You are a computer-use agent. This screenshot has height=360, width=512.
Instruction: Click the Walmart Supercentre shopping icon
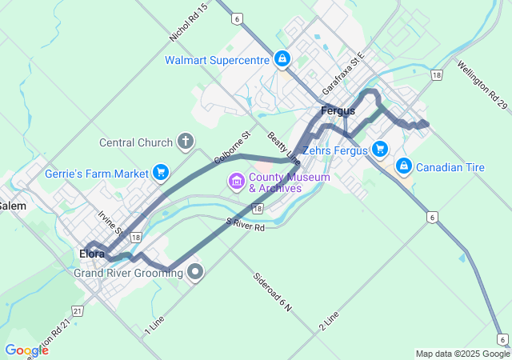click(x=282, y=59)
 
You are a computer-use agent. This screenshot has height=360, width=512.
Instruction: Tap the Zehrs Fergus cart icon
click(x=379, y=149)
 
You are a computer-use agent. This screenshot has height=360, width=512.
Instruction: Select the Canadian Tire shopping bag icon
click(x=405, y=166)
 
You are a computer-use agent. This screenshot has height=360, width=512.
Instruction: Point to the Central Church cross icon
click(x=186, y=142)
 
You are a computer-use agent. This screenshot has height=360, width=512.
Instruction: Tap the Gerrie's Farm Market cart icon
click(x=161, y=172)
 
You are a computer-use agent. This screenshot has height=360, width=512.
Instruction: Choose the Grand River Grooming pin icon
click(x=195, y=273)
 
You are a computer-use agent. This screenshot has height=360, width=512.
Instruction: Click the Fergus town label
click(x=337, y=111)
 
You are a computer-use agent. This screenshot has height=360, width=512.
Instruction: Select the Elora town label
click(x=92, y=254)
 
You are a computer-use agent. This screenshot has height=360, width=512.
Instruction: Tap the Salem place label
click(x=13, y=206)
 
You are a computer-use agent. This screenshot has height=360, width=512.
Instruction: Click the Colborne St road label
click(x=233, y=148)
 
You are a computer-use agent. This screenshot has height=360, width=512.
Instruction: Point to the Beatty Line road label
click(x=284, y=148)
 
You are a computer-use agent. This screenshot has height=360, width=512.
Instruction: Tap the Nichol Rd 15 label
click(x=189, y=22)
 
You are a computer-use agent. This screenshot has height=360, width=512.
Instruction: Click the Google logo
click(x=26, y=350)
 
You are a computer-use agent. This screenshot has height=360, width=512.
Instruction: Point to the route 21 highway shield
click(x=77, y=310)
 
